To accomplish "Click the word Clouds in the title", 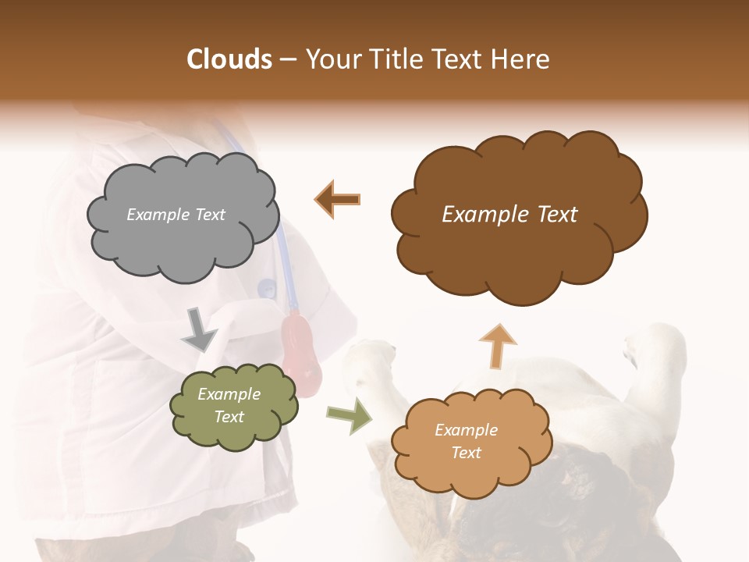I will click(x=230, y=59).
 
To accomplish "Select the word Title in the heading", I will click(x=394, y=59).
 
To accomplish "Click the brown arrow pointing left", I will click(x=338, y=199).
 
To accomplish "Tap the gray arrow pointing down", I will click(x=200, y=329).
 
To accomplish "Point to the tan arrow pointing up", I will click(x=497, y=344).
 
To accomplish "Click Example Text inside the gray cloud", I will click(x=176, y=215).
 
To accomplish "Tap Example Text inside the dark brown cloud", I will click(x=509, y=215).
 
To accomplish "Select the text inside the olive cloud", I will click(x=229, y=406).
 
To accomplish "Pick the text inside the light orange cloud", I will click(x=466, y=441).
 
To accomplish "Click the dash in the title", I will click(x=287, y=60).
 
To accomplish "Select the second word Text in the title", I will click(x=462, y=59).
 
